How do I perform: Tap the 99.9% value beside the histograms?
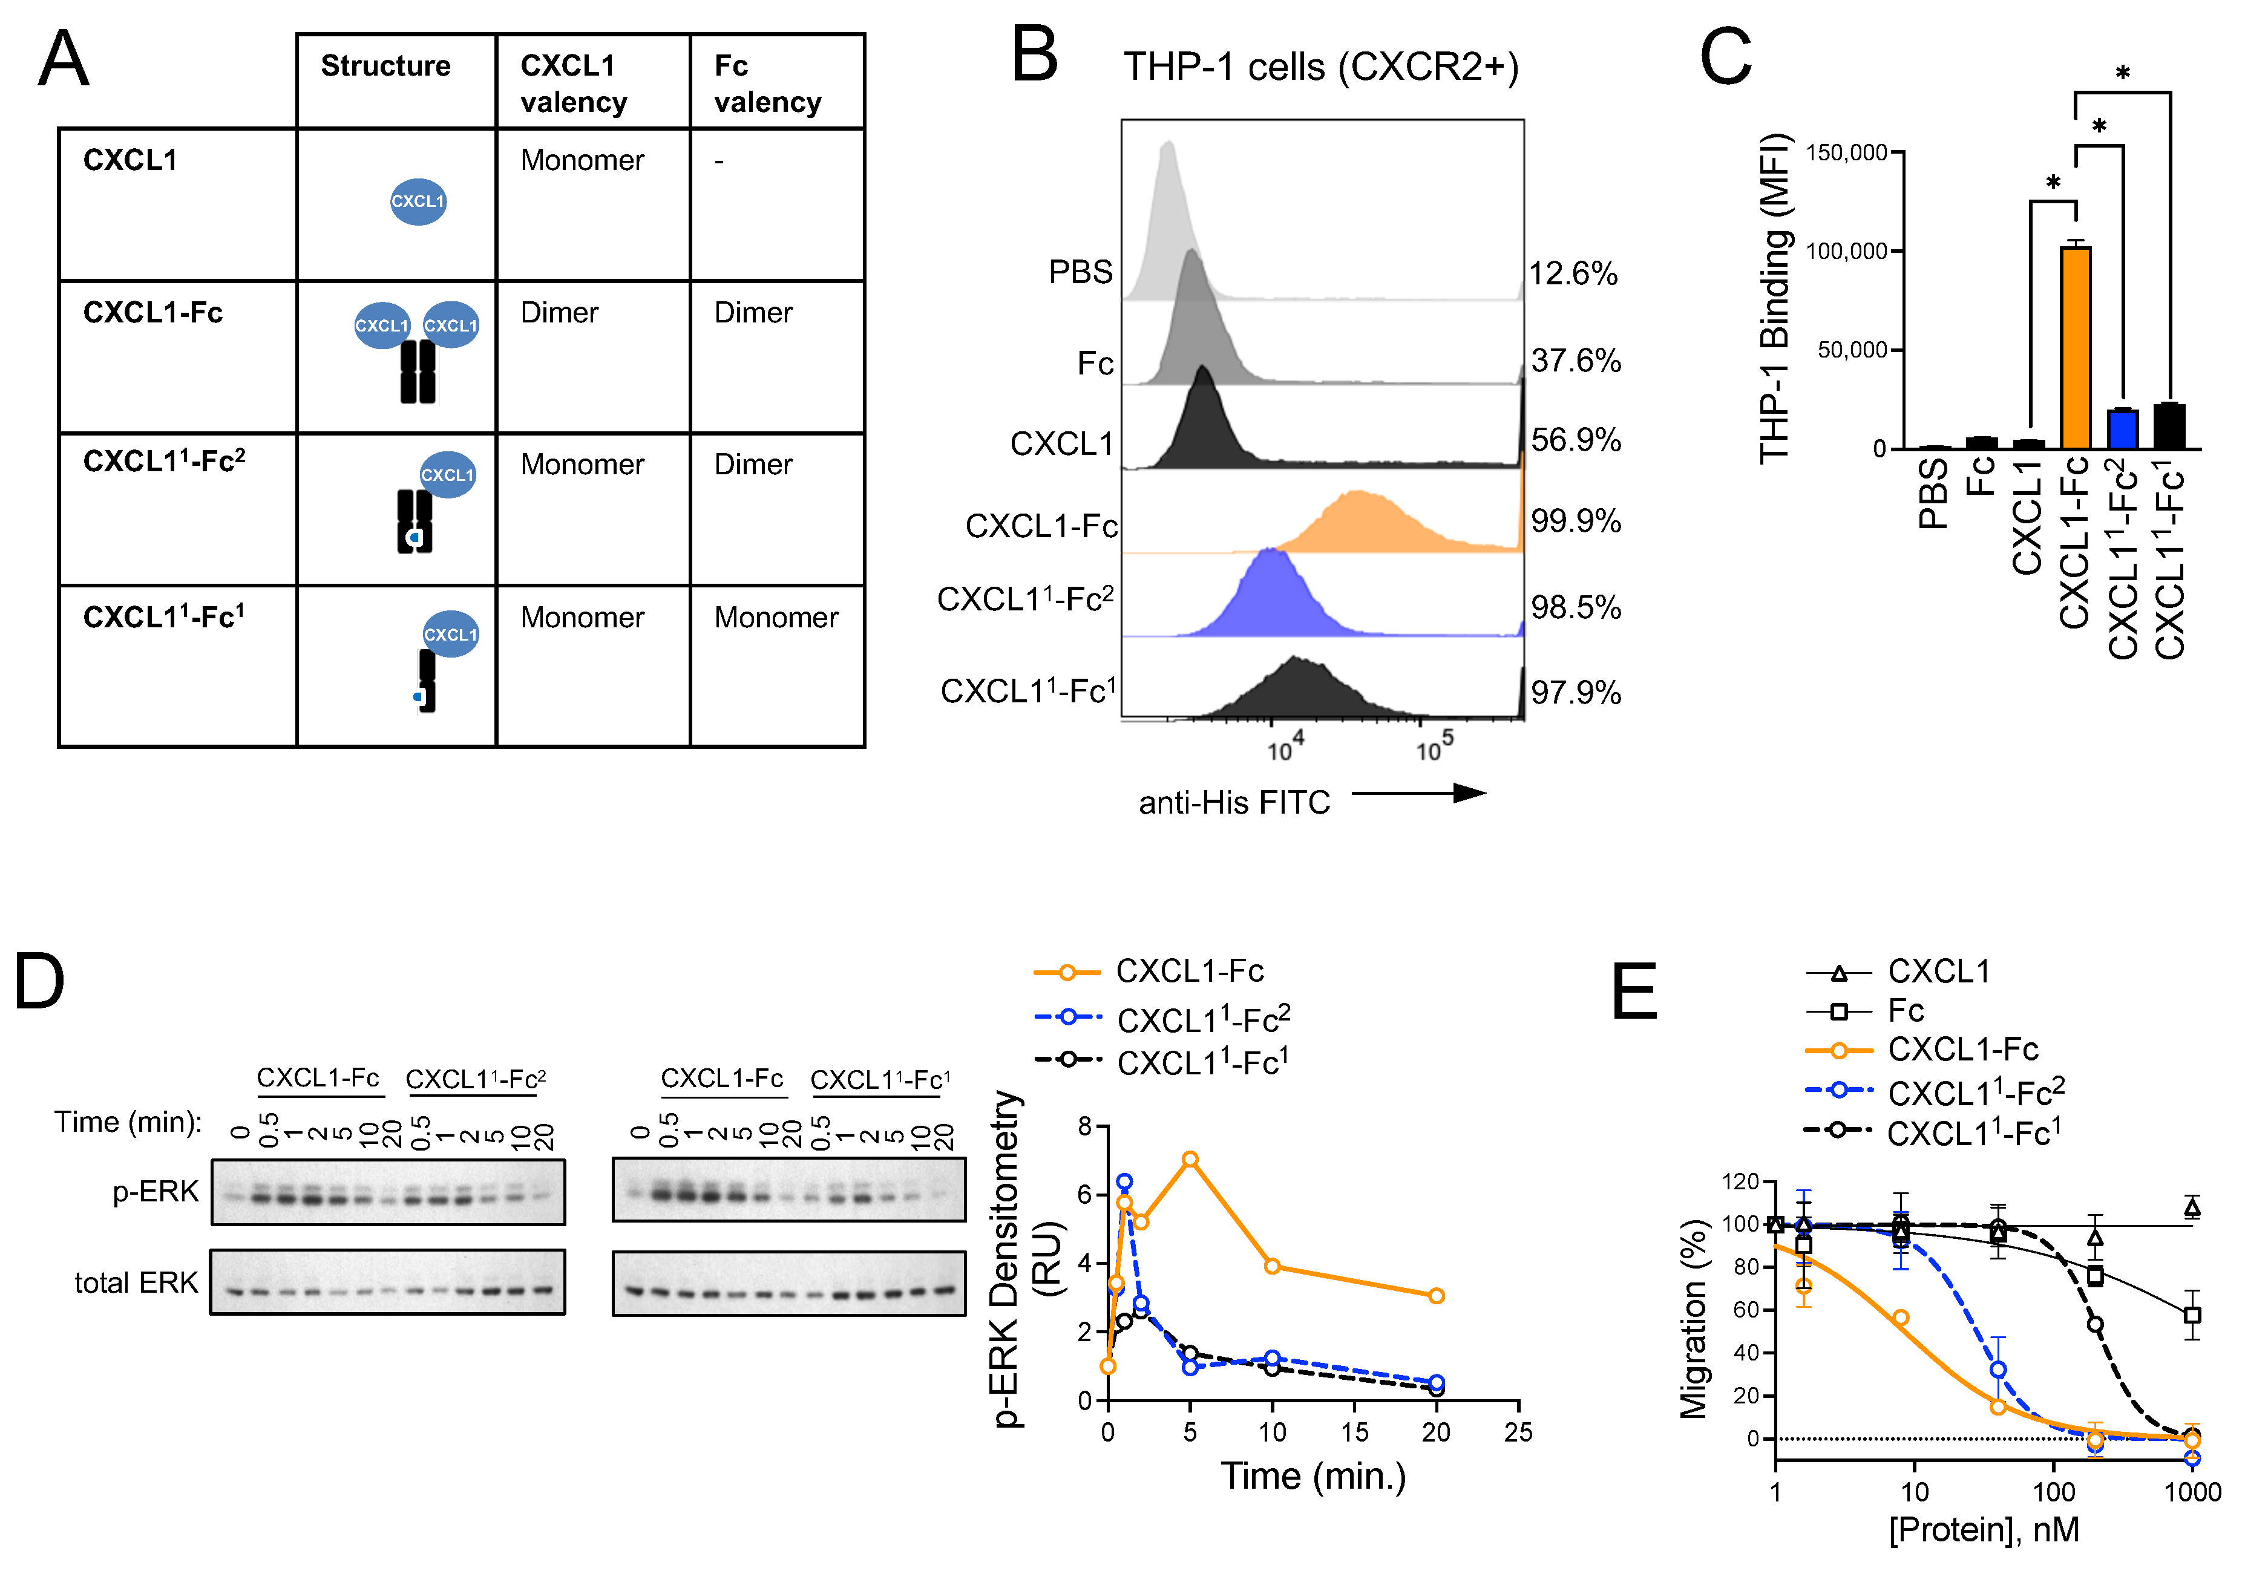coord(1575,521)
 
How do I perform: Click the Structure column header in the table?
coord(385,67)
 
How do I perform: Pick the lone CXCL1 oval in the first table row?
coord(419,201)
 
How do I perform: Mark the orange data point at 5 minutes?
coord(1190,1160)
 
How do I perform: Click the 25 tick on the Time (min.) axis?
coord(1518,1432)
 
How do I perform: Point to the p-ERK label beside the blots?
coord(156,1192)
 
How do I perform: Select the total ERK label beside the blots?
coord(136,1282)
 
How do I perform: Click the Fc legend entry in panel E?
coord(1905,1010)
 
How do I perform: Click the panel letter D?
coord(39,982)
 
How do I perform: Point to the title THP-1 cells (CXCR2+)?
coord(1320,68)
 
